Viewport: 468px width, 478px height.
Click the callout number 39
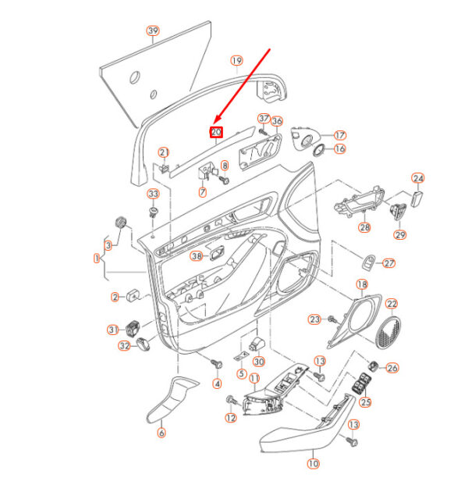[x=153, y=31]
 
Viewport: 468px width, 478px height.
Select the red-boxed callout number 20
[x=217, y=132]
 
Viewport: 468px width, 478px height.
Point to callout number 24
[x=417, y=178]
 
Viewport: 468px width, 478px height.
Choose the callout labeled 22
[x=392, y=304]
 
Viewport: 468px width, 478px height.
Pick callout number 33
[x=153, y=194]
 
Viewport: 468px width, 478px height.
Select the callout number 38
[x=196, y=255]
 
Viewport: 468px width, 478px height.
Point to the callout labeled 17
[x=340, y=134]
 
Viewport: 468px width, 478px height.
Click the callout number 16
[x=340, y=148]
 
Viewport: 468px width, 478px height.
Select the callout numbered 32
[x=124, y=346]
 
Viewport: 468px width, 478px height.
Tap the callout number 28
[x=364, y=228]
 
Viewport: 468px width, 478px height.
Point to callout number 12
[x=231, y=419]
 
